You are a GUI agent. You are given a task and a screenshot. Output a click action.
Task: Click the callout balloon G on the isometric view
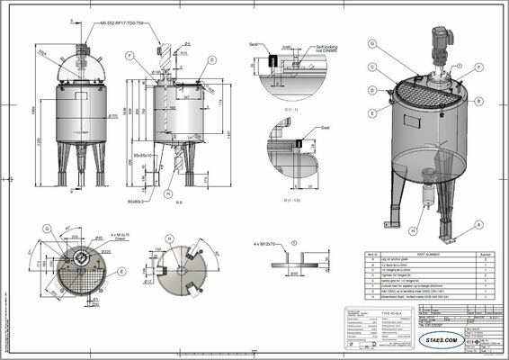point(371,43)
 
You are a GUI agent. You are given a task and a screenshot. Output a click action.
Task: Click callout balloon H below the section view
point(168,193)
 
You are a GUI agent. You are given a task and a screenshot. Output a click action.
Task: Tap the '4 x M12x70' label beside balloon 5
point(267,243)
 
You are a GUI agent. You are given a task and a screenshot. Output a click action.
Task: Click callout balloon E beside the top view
point(121,269)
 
